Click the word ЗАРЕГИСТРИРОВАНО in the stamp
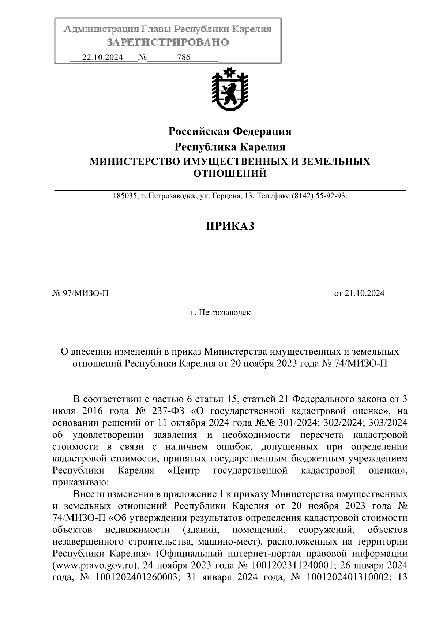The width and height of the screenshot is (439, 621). pos(168,42)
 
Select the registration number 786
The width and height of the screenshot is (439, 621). pos(183,57)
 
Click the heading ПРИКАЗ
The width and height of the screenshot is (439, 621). pos(229,226)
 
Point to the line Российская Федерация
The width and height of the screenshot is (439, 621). pos(229,131)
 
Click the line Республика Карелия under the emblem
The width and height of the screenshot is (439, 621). pos(229,147)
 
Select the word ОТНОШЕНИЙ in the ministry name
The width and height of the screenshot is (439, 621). pos(229,173)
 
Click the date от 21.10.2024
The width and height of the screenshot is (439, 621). pos(359,293)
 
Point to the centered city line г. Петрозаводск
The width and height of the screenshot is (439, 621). pos(221,313)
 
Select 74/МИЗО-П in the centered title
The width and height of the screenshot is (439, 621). pos(361,363)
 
